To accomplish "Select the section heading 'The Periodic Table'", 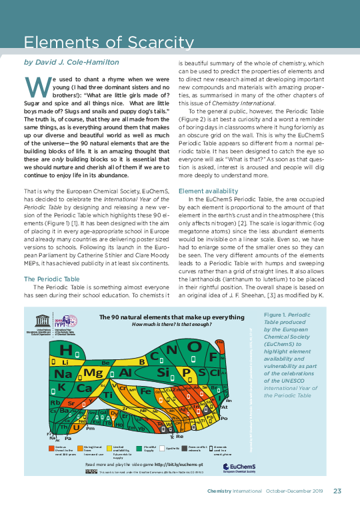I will (51, 260).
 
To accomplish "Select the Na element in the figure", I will (64, 373).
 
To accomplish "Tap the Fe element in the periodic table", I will (145, 391).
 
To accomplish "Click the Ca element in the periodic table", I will (84, 388).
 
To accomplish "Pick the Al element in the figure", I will (125, 372).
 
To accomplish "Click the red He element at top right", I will (221, 343).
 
